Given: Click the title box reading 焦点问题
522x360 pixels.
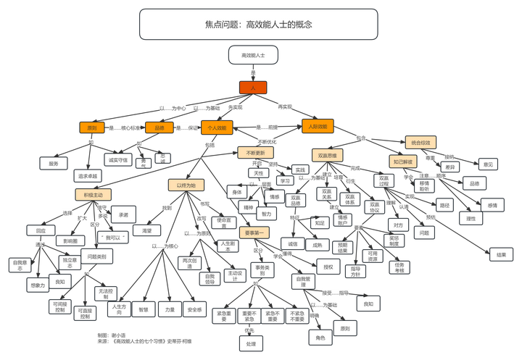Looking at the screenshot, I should pyautogui.click(x=258, y=24).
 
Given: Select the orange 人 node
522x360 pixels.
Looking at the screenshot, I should pyautogui.click(x=253, y=87).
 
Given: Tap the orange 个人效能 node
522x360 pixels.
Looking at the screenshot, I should pyautogui.click(x=217, y=128).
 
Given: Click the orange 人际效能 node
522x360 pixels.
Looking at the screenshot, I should pyautogui.click(x=318, y=127).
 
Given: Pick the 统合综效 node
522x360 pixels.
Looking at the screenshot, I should pyautogui.click(x=423, y=142).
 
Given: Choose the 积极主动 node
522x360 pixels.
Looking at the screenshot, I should pyautogui.click(x=93, y=195).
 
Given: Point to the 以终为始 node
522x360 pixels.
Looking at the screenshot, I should pyautogui.click(x=186, y=185).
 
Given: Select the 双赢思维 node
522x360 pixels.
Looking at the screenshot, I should pyautogui.click(x=328, y=155).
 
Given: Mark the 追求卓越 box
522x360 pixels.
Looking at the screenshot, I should pyautogui.click(x=86, y=176).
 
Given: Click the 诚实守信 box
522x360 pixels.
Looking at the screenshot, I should pyautogui.click(x=117, y=159).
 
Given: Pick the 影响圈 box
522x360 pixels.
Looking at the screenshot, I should pyautogui.click(x=70, y=240).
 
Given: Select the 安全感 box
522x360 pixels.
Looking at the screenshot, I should pyautogui.click(x=194, y=309).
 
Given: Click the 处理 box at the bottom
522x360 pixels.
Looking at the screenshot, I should pyautogui.click(x=251, y=343).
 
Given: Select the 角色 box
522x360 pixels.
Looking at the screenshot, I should pyautogui.click(x=320, y=337).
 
